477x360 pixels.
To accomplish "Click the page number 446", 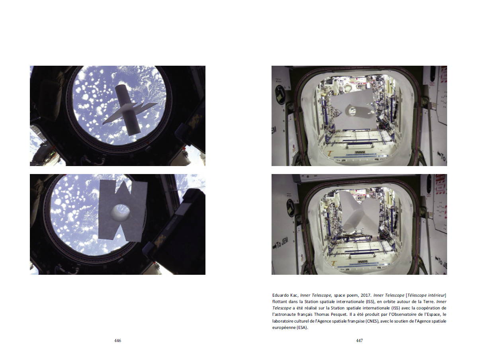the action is (118, 340).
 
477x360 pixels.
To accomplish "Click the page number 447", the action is (359, 340).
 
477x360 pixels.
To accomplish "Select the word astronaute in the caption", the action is (284, 314).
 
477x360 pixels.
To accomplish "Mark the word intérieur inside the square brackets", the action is (436, 295).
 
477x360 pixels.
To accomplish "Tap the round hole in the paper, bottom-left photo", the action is (121, 212).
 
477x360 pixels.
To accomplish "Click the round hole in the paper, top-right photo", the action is (352, 110).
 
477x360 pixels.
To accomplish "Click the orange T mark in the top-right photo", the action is (330, 153).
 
